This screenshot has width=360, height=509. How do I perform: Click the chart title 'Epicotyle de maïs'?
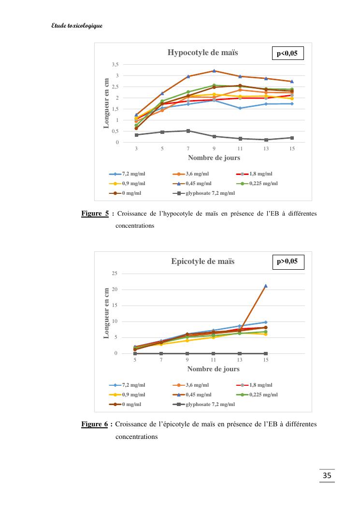pyautogui.click(x=202, y=261)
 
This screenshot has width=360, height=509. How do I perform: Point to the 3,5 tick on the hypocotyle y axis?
pyautogui.click(x=115, y=64)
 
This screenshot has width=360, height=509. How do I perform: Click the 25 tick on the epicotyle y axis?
pyautogui.click(x=115, y=274)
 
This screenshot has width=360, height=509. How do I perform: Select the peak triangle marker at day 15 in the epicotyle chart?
pyautogui.click(x=266, y=286)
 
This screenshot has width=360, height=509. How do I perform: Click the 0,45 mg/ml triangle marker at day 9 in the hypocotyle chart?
pyautogui.click(x=214, y=71)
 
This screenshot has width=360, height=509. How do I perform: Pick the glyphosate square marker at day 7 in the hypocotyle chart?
pyautogui.click(x=188, y=131)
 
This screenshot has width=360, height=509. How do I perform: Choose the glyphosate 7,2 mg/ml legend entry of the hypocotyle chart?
pyautogui.click(x=203, y=193)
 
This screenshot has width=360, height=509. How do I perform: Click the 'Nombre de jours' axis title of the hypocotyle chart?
pyautogui.click(x=214, y=158)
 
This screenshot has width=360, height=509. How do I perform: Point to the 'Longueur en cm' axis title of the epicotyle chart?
pyautogui.click(x=107, y=312)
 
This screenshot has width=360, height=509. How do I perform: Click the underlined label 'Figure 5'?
pyautogui.click(x=95, y=214)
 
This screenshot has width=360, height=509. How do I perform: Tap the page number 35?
pyautogui.click(x=327, y=476)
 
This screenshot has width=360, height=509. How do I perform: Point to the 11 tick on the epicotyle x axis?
pyautogui.click(x=214, y=360)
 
